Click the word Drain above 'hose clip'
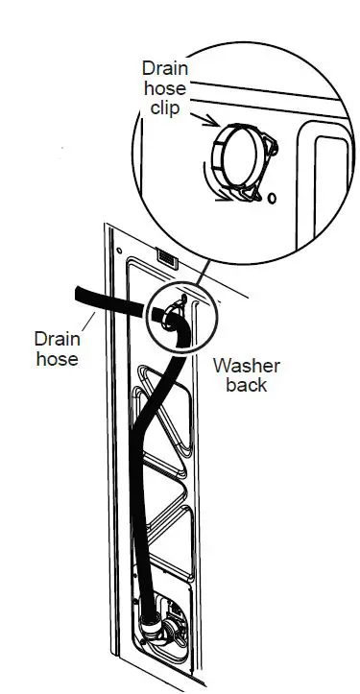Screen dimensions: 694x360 164,69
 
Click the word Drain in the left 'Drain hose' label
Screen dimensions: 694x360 58,339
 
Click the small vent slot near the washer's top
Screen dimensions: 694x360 165,259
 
